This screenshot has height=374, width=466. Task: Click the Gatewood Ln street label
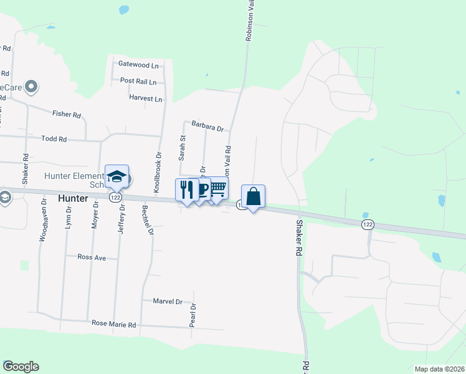[138, 65]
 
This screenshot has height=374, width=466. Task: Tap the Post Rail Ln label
[138, 81]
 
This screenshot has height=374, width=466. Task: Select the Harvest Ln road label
[145, 98]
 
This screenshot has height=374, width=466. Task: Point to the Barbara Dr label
[207, 127]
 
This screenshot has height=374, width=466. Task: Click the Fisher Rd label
[67, 115]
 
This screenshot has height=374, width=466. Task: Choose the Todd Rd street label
[54, 139]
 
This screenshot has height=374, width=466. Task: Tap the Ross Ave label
[91, 257]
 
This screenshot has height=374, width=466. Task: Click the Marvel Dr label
[168, 301]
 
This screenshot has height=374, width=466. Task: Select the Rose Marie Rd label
[113, 325]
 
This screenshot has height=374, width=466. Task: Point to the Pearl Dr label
[193, 316]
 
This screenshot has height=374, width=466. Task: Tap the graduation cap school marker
[117, 176]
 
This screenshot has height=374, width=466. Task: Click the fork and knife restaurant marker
[187, 190]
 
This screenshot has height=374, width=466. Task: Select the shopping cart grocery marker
[217, 188]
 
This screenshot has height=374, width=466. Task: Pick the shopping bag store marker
[253, 196]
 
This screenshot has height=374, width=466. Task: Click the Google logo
[21, 367]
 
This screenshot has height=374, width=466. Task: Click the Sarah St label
[183, 148]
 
